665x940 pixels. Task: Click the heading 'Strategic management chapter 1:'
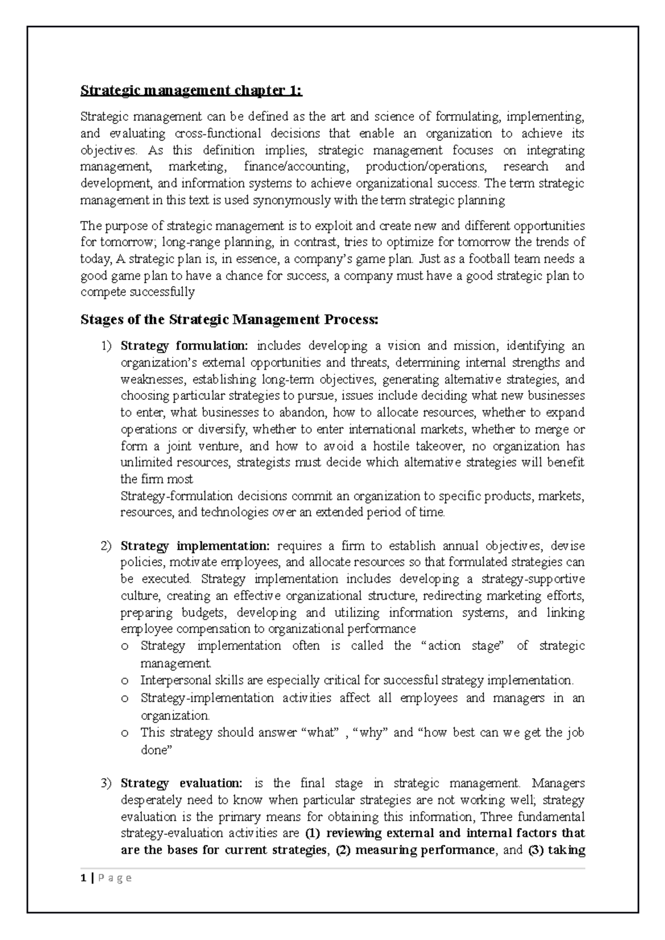point(191,90)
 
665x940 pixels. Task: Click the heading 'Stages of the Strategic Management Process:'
point(229,320)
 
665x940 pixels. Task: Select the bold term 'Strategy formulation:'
point(185,346)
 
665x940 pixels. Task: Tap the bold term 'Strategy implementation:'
point(195,546)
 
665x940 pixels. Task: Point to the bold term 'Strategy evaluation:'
point(181,783)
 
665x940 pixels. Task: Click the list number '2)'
point(106,546)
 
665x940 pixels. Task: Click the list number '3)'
point(106,783)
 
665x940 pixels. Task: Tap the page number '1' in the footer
point(83,878)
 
